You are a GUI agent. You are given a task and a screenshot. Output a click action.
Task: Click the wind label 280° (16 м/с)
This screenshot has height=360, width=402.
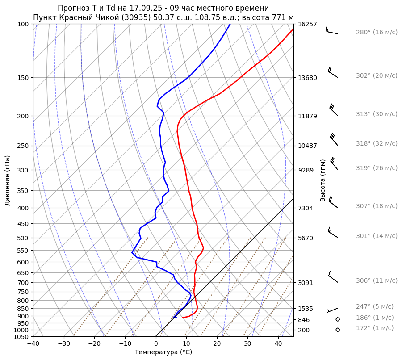click(x=377, y=32)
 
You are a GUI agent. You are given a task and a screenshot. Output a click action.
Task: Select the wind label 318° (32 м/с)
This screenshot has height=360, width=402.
click(x=377, y=143)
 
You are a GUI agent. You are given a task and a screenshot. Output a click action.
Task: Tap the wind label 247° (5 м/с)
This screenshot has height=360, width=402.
click(x=375, y=306)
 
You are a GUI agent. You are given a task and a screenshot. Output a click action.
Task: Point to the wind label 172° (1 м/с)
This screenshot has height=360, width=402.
click(x=375, y=328)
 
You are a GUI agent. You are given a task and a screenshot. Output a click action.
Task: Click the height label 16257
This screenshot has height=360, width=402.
click(x=307, y=24)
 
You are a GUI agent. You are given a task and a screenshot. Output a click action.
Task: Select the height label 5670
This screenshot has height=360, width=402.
click(x=306, y=238)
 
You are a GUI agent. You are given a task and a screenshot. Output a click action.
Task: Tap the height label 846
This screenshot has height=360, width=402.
click(x=304, y=320)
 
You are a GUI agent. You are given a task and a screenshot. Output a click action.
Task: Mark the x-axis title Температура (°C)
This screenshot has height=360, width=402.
click(x=163, y=352)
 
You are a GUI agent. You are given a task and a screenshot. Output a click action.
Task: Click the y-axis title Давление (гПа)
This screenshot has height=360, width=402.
click(x=8, y=180)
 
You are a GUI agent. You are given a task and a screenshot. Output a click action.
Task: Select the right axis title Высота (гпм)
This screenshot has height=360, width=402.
click(x=322, y=180)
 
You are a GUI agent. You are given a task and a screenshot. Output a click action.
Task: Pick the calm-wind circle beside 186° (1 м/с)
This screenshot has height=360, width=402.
click(x=338, y=319)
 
